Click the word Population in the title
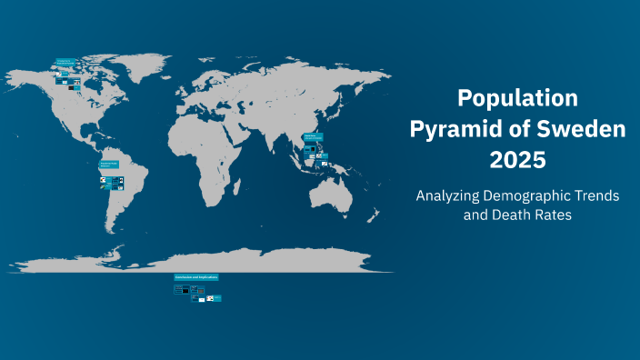pyautogui.click(x=517, y=98)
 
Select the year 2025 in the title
pyautogui.click(x=517, y=160)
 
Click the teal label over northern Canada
pyautogui.click(x=64, y=62)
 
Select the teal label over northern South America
pyautogui.click(x=110, y=165)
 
